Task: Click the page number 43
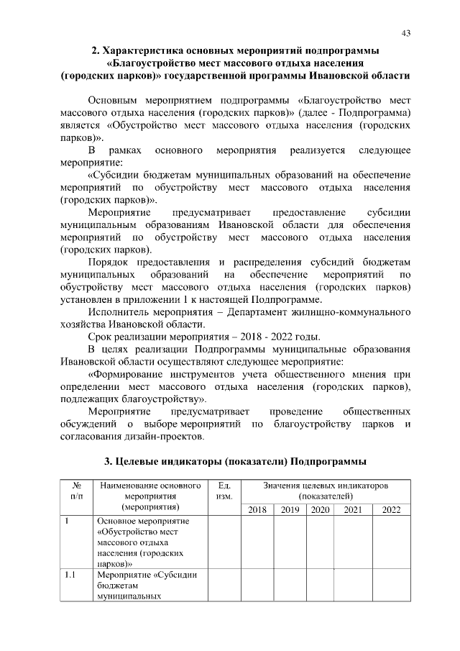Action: click(x=406, y=33)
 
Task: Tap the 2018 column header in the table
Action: click(x=257, y=510)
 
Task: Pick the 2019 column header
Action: click(x=290, y=510)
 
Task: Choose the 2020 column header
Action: click(x=320, y=510)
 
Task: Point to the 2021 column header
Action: click(x=353, y=510)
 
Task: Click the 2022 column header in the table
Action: click(x=392, y=510)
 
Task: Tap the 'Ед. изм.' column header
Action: click(x=224, y=491)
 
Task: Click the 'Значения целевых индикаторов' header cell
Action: click(x=326, y=491)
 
